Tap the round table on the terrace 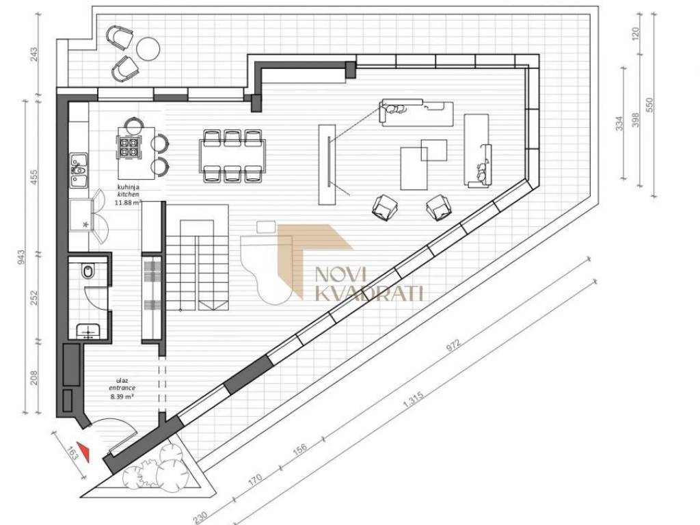[148, 47]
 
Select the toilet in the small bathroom [88, 271]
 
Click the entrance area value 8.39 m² [123, 396]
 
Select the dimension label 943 [21, 258]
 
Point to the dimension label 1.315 [413, 399]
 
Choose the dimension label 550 [649, 105]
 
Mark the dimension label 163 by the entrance [72, 454]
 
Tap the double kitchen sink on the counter [79, 170]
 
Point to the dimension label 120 [636, 32]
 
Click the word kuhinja [128, 187]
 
